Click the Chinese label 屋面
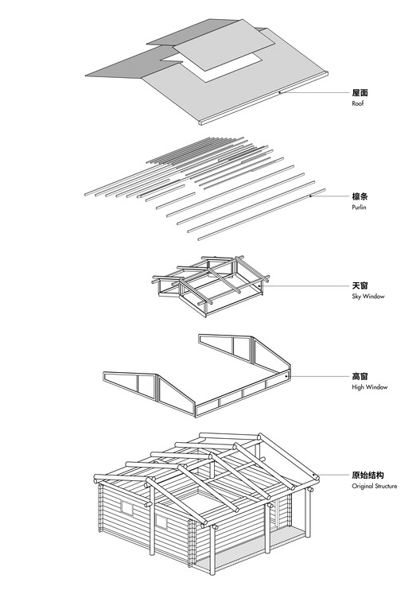coord(360,93)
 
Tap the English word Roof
coord(358,104)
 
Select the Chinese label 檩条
coord(360,196)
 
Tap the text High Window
coord(369,387)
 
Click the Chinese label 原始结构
coord(367,475)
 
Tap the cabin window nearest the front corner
coord(161,522)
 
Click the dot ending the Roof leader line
coord(281,93)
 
